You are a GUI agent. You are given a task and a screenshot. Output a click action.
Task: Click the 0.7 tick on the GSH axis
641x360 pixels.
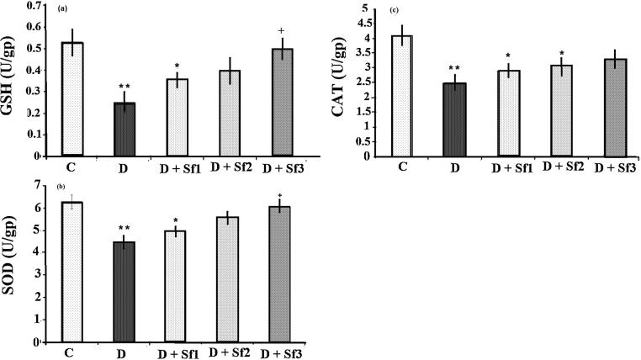click(35, 6)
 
